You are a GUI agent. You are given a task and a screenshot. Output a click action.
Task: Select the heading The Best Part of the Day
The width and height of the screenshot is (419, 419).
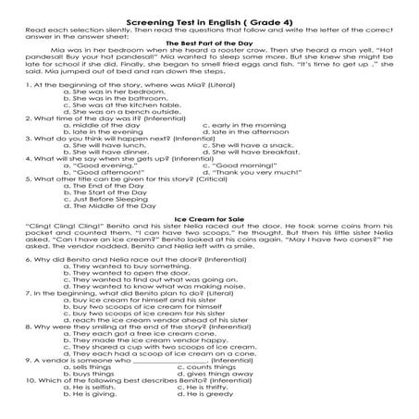209,43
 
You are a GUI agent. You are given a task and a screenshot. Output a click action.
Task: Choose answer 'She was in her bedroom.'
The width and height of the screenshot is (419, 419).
105,93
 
